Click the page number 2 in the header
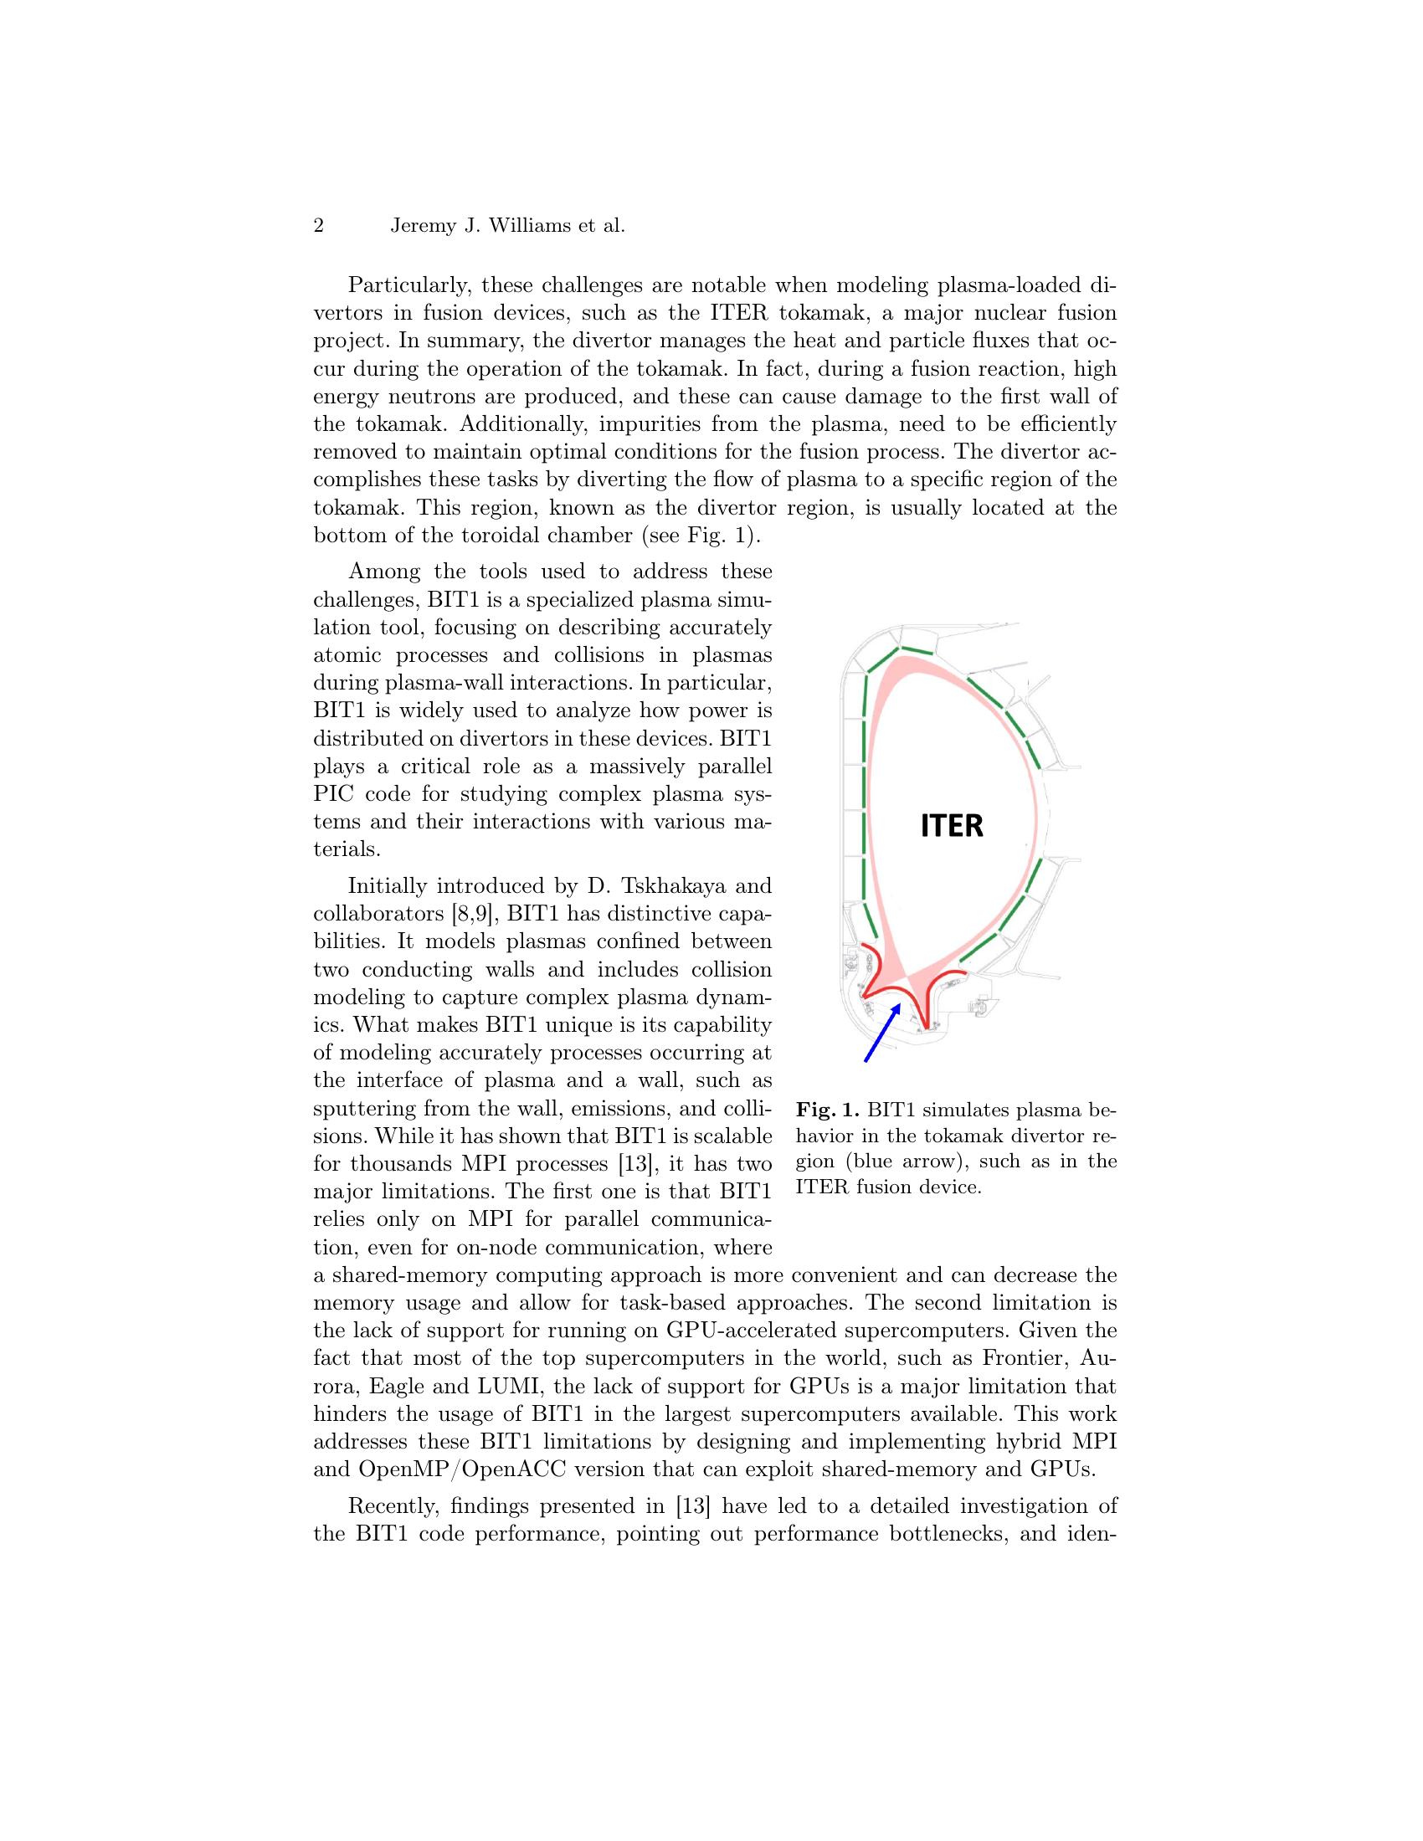point(319,226)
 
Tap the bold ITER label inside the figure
point(952,826)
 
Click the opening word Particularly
point(405,285)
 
